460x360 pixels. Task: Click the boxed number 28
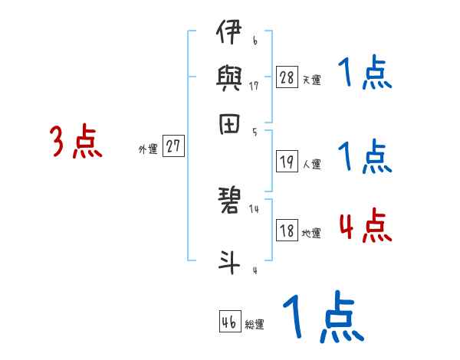coord(287,77)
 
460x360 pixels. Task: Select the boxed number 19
coord(287,162)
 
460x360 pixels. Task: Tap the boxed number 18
coord(287,231)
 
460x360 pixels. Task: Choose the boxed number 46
coord(229,322)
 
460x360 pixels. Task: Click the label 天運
coord(311,80)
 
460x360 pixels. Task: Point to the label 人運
coord(311,164)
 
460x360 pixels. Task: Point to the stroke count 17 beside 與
coord(255,86)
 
